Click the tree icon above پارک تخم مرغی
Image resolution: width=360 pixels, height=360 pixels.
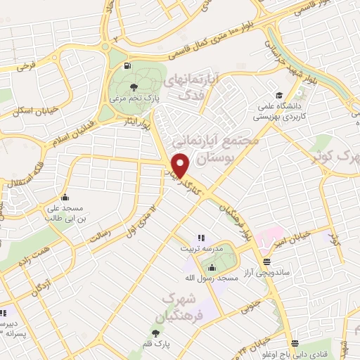(134, 88)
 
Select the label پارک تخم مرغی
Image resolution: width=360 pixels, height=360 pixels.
(134, 98)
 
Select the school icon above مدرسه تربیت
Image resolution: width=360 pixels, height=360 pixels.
(200, 238)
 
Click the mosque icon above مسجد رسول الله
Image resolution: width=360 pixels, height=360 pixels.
(212, 266)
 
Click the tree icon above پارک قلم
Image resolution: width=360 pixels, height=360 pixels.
(155, 333)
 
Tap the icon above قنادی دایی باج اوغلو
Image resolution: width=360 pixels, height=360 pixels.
(296, 345)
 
